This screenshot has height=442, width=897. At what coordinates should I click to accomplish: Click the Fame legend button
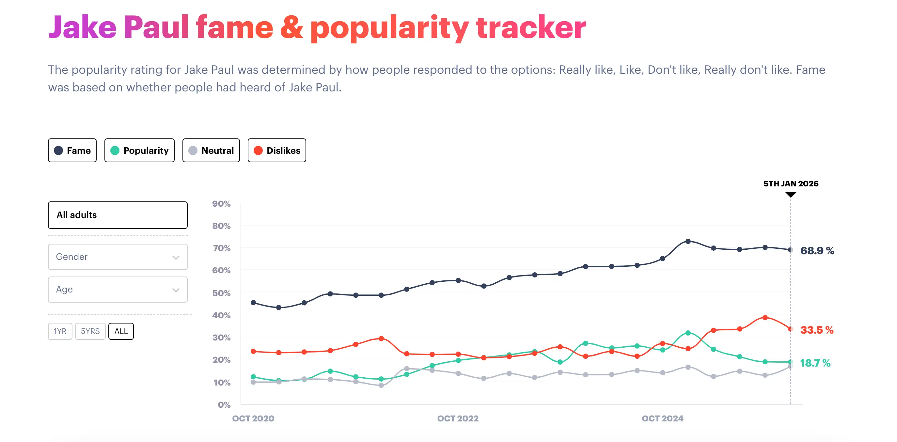tap(72, 150)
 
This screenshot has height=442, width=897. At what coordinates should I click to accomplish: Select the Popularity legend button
tap(139, 150)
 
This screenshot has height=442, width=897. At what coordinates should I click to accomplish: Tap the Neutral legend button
tap(211, 150)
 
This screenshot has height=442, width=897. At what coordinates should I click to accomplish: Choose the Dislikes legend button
tap(277, 150)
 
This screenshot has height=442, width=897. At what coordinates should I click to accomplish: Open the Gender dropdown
tap(118, 257)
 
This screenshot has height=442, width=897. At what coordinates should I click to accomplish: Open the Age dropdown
tap(118, 290)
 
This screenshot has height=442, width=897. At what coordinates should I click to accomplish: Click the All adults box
tap(118, 215)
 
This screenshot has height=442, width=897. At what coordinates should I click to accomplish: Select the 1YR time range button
tap(60, 331)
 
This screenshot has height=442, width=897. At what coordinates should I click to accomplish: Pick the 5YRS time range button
tap(90, 331)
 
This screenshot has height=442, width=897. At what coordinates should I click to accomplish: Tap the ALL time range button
tap(121, 331)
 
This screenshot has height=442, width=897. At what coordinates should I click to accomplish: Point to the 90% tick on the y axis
tap(221, 204)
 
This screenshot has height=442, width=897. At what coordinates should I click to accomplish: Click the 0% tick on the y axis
tap(224, 405)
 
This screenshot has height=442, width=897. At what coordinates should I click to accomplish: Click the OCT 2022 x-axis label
tap(458, 418)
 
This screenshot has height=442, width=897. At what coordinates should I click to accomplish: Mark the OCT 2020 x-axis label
tap(253, 418)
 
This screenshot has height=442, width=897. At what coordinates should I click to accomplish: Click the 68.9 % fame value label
tap(817, 251)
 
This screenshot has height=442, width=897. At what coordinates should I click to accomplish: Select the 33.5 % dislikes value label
tap(817, 330)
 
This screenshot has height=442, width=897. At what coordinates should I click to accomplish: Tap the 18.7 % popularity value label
tap(815, 363)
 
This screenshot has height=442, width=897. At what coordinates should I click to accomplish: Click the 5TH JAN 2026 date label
tap(791, 183)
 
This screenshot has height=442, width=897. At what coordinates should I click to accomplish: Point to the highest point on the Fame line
tap(688, 241)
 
